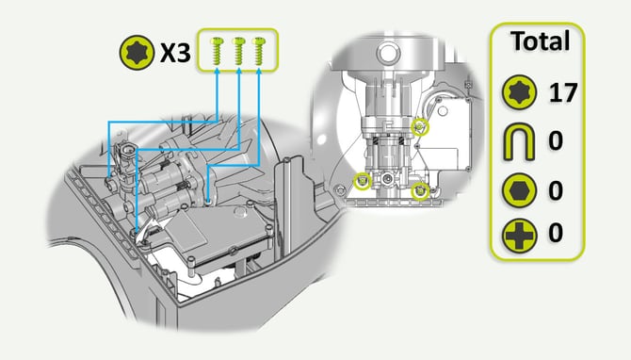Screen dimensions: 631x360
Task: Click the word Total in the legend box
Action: (x=540, y=41)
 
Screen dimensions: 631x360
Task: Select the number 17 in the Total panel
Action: (x=563, y=92)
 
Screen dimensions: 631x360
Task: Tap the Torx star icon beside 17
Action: (x=519, y=92)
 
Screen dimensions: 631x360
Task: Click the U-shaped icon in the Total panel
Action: (x=519, y=141)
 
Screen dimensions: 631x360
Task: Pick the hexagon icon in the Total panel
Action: (x=519, y=190)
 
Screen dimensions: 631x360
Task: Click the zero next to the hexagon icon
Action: (x=556, y=190)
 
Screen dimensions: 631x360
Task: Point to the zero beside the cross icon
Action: (x=556, y=233)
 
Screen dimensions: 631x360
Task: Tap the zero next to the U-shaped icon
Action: (x=556, y=141)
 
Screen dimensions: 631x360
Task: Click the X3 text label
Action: (x=175, y=53)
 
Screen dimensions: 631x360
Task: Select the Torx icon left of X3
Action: (x=137, y=53)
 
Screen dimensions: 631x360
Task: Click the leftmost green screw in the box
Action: (x=218, y=51)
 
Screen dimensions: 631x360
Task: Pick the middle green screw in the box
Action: (x=238, y=51)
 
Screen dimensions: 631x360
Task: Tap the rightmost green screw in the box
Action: (x=258, y=51)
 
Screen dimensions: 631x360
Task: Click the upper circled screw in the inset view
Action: (x=420, y=127)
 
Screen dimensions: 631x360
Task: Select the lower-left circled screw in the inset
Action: (x=363, y=182)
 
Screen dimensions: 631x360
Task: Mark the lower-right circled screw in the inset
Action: (x=421, y=191)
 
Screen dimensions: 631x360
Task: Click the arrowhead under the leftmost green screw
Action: (x=218, y=72)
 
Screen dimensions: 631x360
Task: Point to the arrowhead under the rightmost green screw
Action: (x=258, y=72)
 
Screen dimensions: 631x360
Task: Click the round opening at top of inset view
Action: (x=387, y=53)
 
